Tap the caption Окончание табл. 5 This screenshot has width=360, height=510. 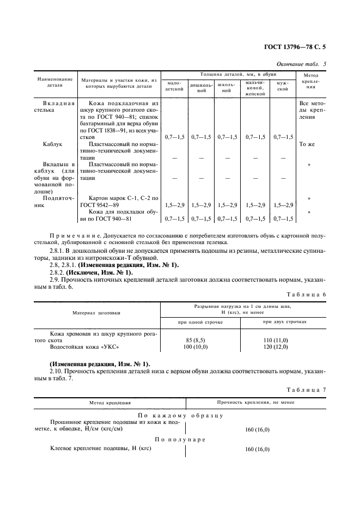coord(301,64)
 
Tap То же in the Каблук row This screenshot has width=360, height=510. coord(308,144)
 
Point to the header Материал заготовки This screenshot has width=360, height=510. coord(97,313)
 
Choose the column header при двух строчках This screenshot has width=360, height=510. coord(285,321)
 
